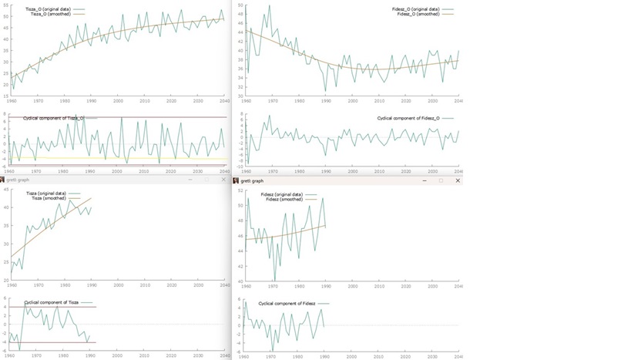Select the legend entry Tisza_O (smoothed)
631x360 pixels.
click(x=50, y=14)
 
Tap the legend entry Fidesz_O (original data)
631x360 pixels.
click(x=415, y=9)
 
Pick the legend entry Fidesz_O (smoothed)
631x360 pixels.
click(x=418, y=14)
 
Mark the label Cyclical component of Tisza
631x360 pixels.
click(x=51, y=302)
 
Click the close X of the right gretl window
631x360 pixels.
click(x=458, y=180)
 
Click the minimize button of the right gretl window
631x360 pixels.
click(x=425, y=180)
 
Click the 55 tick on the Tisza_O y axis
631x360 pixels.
click(x=6, y=5)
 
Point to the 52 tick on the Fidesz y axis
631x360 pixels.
click(x=240, y=190)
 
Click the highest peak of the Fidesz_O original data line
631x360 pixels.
click(x=269, y=6)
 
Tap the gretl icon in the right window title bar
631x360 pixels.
click(x=236, y=180)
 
